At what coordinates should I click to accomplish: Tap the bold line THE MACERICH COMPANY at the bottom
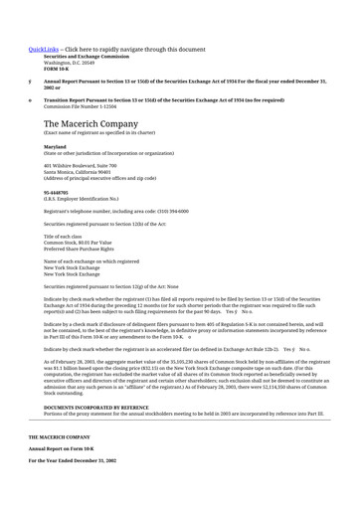[x=59, y=436]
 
